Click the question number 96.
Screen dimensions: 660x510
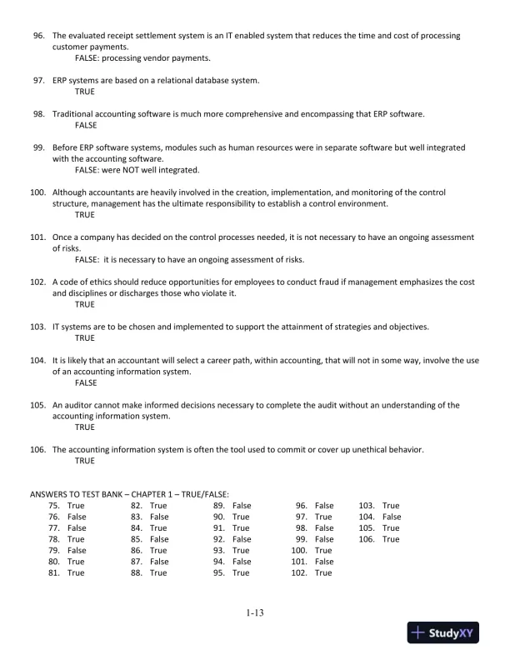click(37, 37)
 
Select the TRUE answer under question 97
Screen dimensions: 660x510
click(85, 92)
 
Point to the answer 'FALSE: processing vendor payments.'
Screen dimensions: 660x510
click(142, 59)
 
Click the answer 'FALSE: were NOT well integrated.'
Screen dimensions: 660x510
click(137, 170)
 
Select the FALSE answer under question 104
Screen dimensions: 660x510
click(86, 383)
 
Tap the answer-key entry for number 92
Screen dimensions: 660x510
click(232, 539)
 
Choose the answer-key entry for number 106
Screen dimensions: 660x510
click(379, 539)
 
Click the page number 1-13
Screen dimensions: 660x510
click(255, 614)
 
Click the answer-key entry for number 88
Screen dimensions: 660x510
click(149, 572)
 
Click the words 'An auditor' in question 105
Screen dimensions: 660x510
click(72, 405)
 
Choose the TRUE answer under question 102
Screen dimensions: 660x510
click(85, 305)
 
